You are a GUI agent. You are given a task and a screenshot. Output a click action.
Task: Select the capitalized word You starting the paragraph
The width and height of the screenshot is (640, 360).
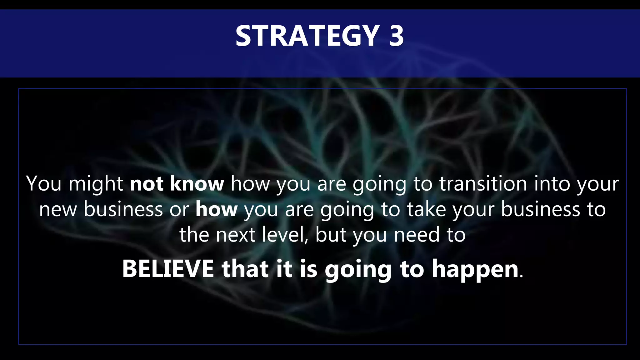[44, 183]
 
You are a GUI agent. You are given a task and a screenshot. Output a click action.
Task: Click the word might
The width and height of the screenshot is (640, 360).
[96, 184]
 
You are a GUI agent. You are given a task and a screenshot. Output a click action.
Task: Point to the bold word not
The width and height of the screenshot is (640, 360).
[147, 184]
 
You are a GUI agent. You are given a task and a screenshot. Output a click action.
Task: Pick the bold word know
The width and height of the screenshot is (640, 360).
[197, 183]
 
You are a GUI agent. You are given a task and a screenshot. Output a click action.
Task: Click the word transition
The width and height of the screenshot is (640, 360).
[483, 183]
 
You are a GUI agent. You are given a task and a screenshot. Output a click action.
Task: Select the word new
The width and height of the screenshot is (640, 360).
[58, 209]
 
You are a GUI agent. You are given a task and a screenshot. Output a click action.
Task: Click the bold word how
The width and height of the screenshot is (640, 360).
[217, 209]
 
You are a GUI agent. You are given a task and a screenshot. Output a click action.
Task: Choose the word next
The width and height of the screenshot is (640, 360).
[235, 235]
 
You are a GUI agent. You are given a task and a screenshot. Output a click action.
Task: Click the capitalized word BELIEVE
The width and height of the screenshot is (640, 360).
[168, 269]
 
